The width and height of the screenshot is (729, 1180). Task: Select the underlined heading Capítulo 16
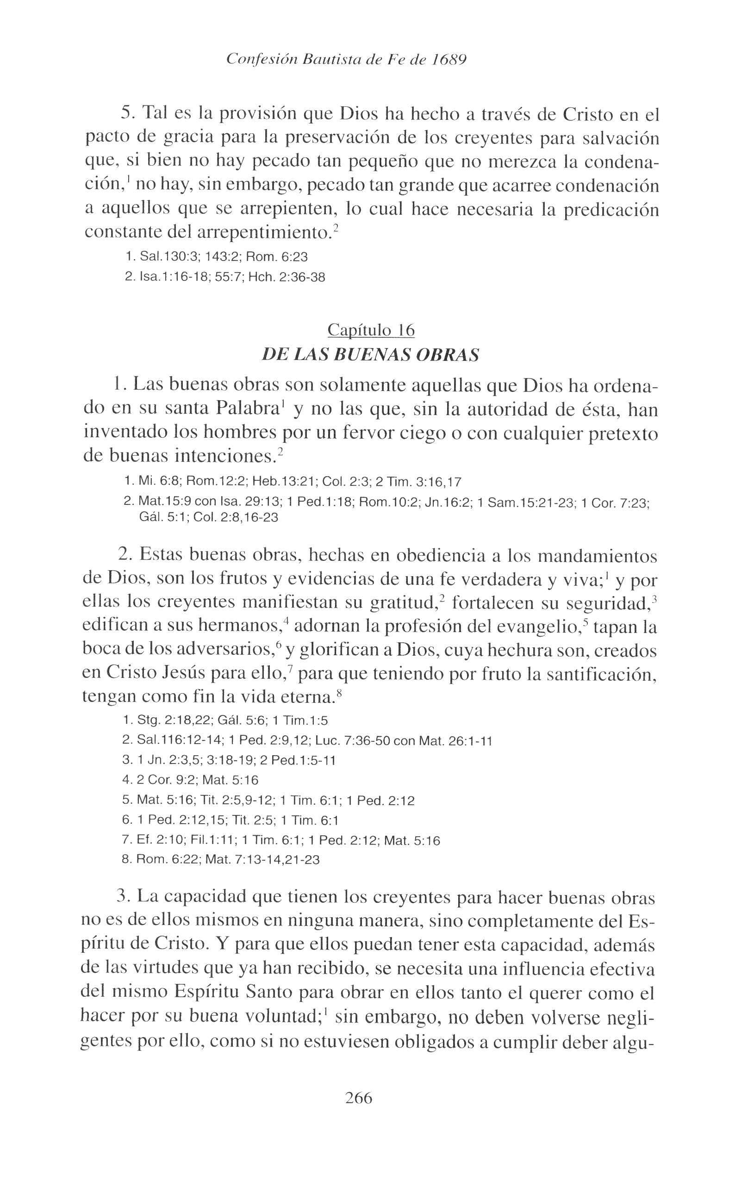coord(371,330)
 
